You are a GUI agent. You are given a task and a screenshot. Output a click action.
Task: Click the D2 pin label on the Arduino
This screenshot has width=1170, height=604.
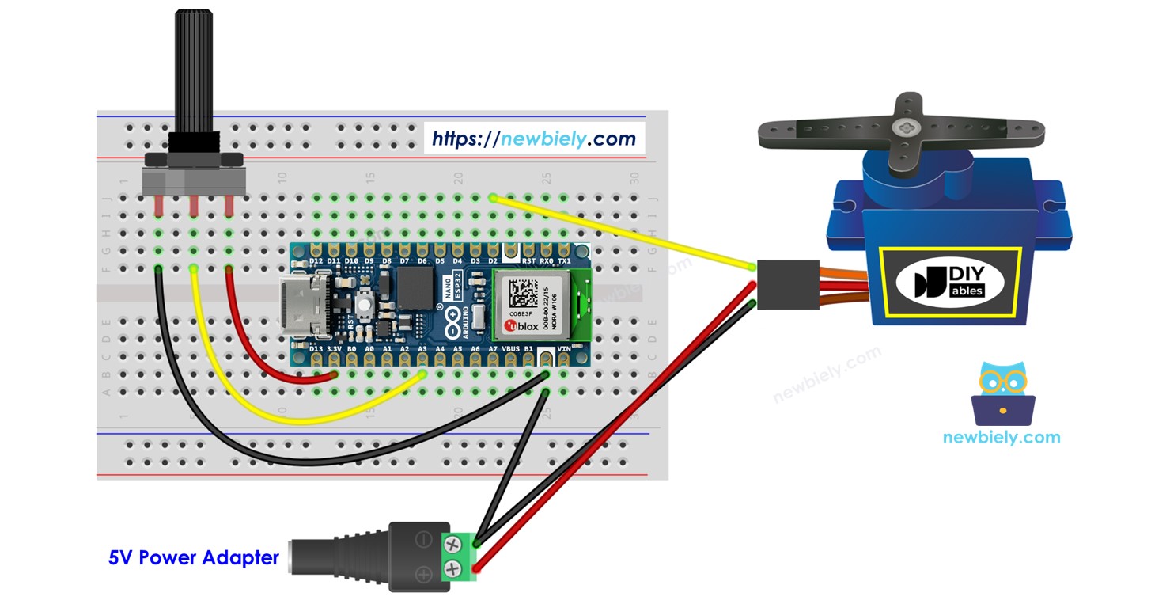[492, 260]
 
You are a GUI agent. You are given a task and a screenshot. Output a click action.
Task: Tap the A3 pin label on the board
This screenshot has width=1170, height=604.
[422, 348]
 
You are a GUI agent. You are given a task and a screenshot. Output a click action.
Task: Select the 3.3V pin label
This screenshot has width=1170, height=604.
[334, 348]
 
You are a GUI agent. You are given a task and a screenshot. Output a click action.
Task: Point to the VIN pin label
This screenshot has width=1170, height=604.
[563, 348]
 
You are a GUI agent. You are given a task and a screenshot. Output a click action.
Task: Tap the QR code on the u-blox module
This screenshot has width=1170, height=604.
[523, 294]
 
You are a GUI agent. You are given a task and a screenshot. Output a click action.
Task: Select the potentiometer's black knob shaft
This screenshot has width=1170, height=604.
[192, 71]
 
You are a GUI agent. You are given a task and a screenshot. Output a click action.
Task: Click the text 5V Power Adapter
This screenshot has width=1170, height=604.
[194, 558]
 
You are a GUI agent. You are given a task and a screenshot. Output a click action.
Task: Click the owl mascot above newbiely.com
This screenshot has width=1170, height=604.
[1002, 391]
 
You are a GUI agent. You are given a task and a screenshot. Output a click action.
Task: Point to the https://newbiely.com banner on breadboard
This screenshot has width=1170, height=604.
[534, 139]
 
